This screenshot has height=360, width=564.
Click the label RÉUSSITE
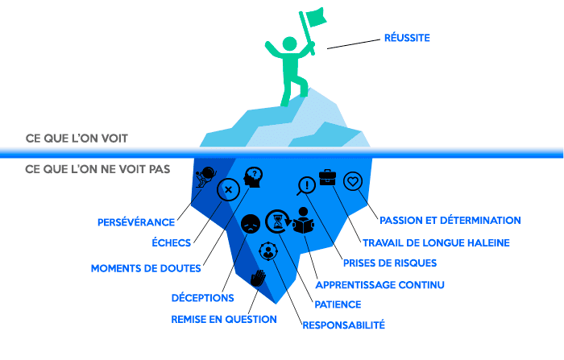pos(406,37)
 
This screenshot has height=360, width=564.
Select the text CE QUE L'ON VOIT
pos(76,139)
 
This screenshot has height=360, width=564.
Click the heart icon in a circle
pos(352,181)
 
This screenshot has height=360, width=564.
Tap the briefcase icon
pos(328,178)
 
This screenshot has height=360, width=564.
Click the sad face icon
pos(251,223)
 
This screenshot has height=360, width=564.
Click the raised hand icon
pos(258,279)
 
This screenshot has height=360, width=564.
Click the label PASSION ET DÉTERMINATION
pos(450,220)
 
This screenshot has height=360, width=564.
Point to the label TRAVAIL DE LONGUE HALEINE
pos(436,242)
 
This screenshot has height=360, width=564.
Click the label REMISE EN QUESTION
pos(223,319)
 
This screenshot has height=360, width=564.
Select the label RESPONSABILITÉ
pos(343,325)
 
